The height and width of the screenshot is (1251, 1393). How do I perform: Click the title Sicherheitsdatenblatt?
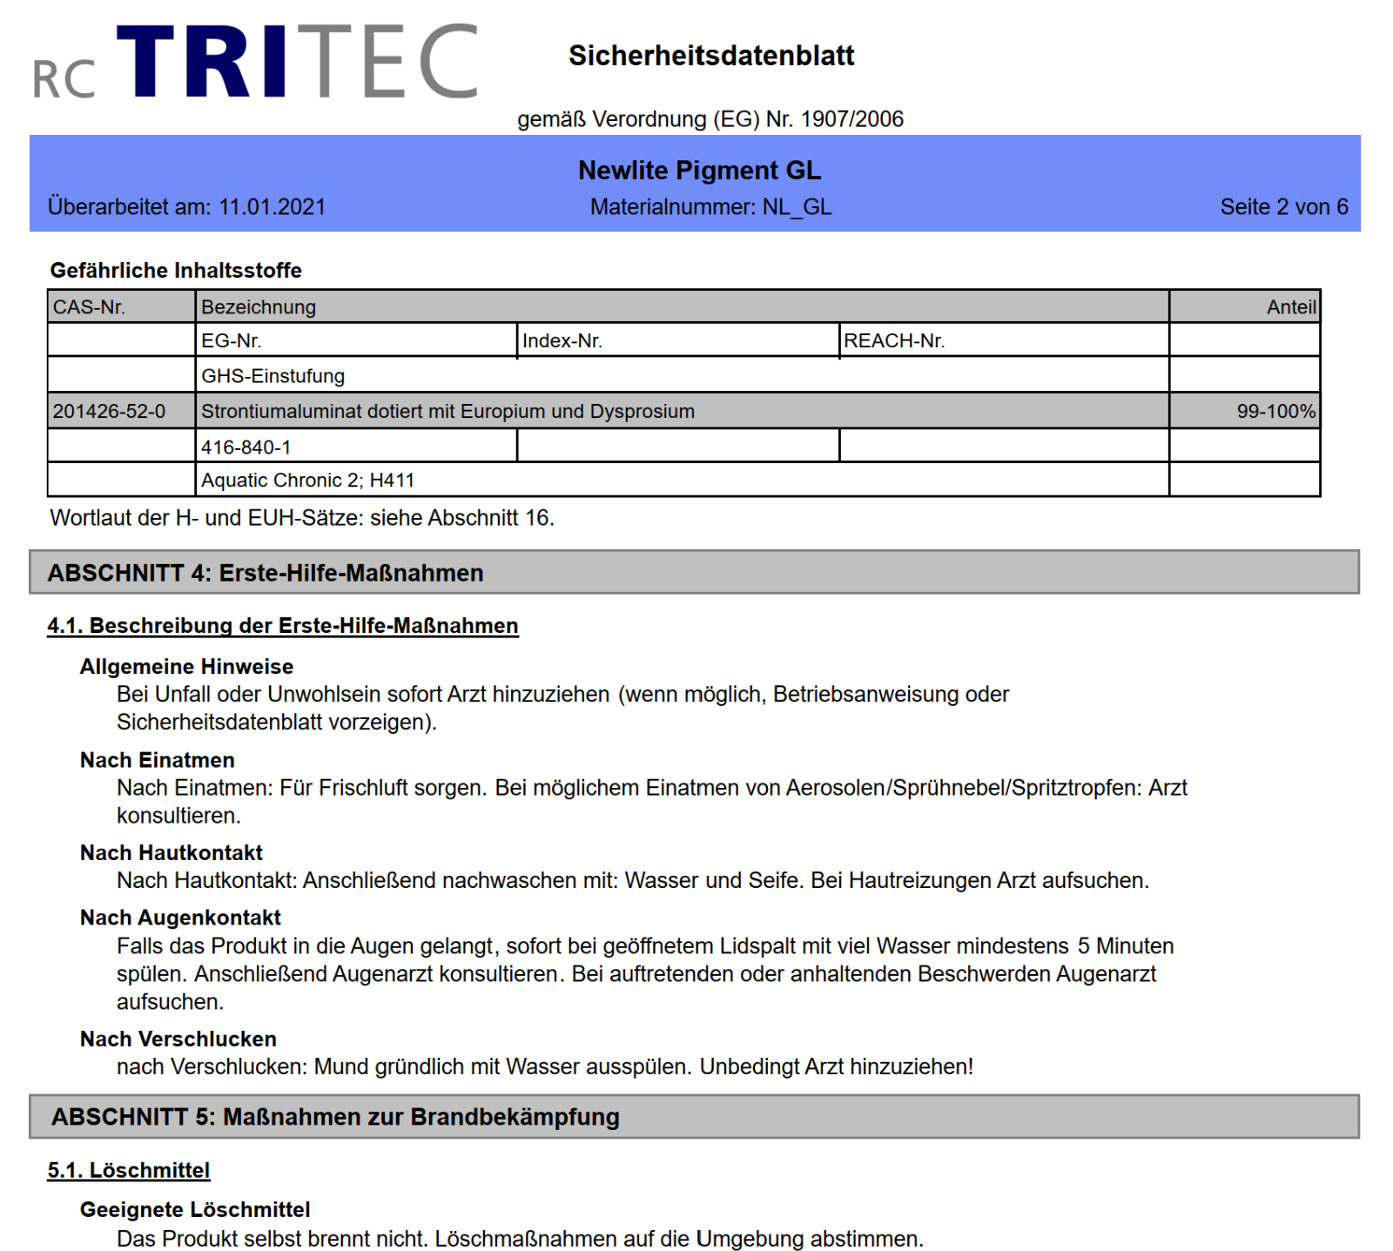711,56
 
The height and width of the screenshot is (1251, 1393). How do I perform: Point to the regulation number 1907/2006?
851,119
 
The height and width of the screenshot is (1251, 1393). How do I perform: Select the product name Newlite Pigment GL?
699,170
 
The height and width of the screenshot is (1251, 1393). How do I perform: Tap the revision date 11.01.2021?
272,207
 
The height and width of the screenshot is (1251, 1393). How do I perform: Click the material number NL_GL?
797,207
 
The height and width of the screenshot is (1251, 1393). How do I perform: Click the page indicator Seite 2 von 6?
1283,207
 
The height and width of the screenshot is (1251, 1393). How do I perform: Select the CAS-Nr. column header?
90,307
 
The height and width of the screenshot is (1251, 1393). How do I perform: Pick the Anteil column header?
1291,307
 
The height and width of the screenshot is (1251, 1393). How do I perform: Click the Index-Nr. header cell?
562,341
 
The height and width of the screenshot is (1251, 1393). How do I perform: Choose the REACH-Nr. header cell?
894,341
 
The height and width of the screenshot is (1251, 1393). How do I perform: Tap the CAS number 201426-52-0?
109,412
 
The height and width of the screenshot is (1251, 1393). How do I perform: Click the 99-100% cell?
1275,412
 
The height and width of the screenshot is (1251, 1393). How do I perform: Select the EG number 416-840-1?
246,447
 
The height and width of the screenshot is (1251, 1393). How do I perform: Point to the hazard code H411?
392,481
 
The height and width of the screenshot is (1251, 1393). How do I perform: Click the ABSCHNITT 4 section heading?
266,573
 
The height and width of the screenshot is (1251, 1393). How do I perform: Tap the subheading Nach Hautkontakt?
172,853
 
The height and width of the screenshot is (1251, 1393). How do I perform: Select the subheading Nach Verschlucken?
178,1039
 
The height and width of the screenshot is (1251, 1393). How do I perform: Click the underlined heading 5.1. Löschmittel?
129,1171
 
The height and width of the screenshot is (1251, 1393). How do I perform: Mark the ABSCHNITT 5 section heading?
335,1117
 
